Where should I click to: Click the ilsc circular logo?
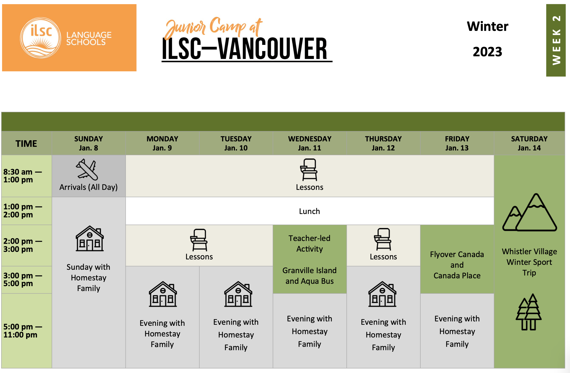coord(41,38)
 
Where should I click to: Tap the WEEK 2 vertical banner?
coord(556,40)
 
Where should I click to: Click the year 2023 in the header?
coord(487,52)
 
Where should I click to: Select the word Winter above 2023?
coord(488,26)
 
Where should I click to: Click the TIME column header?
coord(26,143)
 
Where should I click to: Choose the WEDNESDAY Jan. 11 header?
coord(310,143)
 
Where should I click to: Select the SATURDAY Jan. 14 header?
coord(529,143)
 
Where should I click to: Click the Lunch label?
coord(309,211)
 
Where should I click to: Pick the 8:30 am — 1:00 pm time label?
coord(22,176)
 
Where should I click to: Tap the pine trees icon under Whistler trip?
coord(529,312)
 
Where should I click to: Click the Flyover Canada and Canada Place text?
coord(457,265)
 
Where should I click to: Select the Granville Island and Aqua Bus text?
coord(309,276)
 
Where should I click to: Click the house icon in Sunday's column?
coord(90,238)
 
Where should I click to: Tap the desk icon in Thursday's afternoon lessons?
coord(383,239)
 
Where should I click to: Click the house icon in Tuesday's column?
coord(238,294)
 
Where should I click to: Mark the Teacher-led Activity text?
coord(309,244)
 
